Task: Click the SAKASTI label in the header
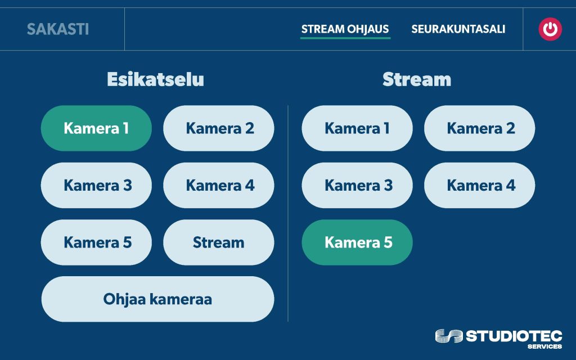click(58, 29)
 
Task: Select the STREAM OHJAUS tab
click(345, 29)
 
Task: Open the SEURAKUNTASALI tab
click(458, 29)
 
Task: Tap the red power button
click(550, 29)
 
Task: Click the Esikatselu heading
click(155, 79)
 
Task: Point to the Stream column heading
click(416, 79)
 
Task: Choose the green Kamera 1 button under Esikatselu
click(96, 128)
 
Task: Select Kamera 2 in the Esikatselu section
click(219, 128)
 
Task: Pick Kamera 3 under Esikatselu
click(96, 185)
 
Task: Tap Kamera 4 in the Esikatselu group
click(219, 185)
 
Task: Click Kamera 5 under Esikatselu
click(96, 242)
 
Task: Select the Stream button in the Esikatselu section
click(219, 242)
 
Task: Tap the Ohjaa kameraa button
click(157, 299)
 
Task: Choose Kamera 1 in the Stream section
click(357, 128)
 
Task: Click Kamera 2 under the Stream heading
click(480, 128)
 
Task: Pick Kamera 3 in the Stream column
click(357, 185)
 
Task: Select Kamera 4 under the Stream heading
click(480, 185)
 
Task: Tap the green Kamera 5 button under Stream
click(357, 242)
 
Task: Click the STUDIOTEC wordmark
click(514, 336)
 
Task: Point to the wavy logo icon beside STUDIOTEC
click(448, 336)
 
